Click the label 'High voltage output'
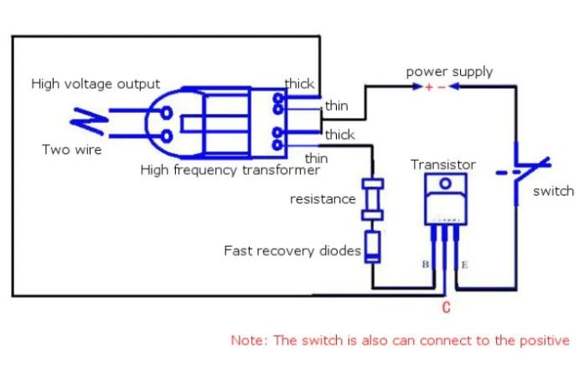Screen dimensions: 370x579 (x=96, y=85)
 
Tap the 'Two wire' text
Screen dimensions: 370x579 (x=72, y=150)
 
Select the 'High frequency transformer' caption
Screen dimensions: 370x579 (x=230, y=170)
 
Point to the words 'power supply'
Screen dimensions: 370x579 (x=449, y=72)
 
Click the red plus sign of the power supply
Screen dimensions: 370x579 (x=429, y=88)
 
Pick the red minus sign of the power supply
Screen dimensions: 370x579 (x=442, y=88)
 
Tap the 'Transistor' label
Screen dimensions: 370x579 (x=443, y=165)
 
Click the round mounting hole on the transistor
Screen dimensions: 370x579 (x=446, y=183)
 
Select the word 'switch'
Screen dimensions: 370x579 (x=553, y=191)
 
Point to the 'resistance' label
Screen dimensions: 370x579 (x=323, y=199)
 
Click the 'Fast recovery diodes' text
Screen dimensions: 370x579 (x=292, y=250)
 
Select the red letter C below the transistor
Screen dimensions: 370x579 (x=446, y=308)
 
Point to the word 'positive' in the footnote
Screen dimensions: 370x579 (x=544, y=341)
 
